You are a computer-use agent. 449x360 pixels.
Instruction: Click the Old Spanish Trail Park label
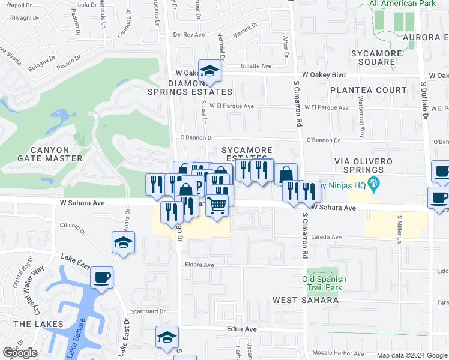pos(324,283)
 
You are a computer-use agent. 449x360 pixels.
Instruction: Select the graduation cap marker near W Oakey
pos(210,72)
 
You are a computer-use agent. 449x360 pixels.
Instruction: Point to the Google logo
pos(20,353)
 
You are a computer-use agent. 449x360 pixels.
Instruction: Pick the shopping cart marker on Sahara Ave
pos(217,205)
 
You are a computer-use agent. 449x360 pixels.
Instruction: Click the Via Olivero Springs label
pos(363,166)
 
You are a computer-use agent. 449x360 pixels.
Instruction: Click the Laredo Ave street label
pos(328,237)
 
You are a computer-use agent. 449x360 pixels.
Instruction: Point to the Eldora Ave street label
pos(200,265)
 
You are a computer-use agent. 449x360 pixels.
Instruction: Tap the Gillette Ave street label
pos(256,66)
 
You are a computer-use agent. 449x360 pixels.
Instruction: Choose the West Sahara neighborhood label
pos(301,299)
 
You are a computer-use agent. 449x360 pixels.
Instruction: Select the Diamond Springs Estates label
pos(191,88)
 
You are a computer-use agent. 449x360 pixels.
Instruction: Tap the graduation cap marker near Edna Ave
pos(167,338)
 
